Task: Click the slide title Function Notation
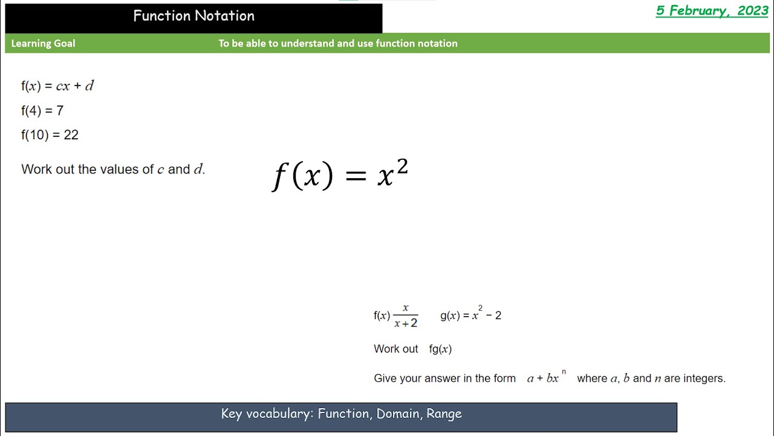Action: coord(193,16)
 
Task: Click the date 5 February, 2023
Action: coord(712,11)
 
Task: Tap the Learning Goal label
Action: coord(43,44)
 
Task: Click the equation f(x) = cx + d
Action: coord(57,86)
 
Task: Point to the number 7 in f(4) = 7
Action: coord(60,111)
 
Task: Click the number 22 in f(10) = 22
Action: coord(71,135)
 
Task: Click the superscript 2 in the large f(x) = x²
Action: coord(402,167)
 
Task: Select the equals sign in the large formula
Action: coord(356,176)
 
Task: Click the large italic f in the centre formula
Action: coord(279,177)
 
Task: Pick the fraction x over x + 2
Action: coord(406,316)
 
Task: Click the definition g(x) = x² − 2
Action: coord(470,315)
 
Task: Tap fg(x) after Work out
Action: coord(440,349)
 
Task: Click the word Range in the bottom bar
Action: coord(444,414)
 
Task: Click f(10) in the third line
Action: coord(34,135)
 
